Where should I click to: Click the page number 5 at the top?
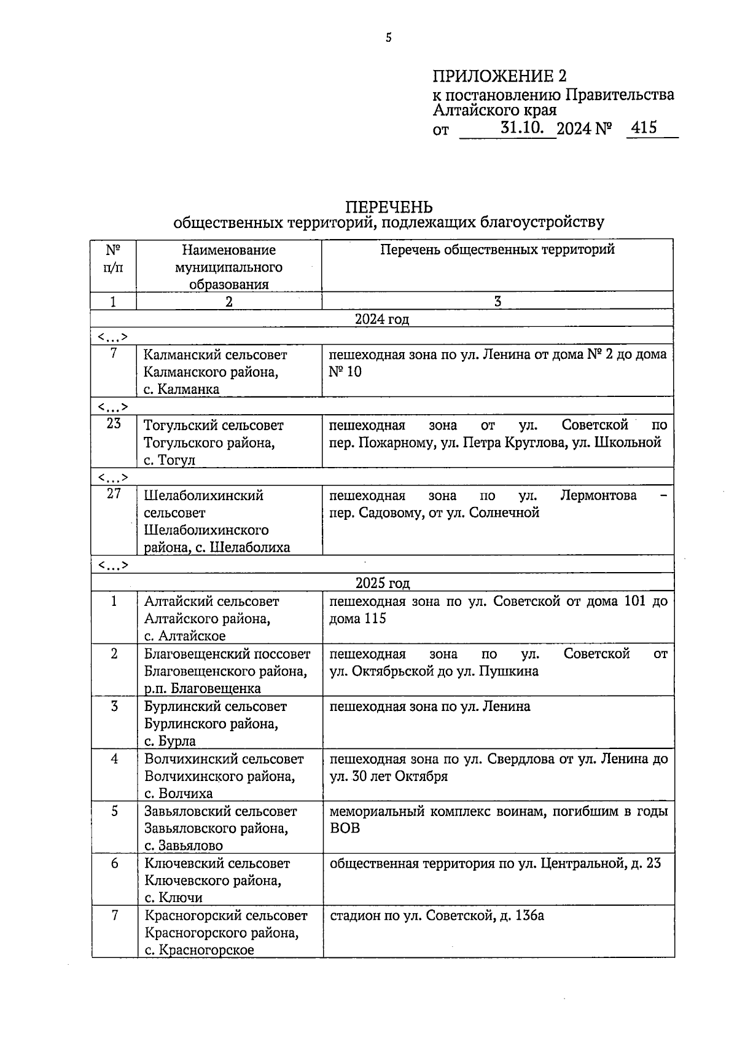click(x=388, y=38)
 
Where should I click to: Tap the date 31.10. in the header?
click(x=522, y=128)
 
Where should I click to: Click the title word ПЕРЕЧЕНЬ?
click(x=388, y=207)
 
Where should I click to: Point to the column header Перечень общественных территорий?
click(x=497, y=249)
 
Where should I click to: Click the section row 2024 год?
click(x=381, y=319)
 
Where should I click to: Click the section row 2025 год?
click(x=382, y=583)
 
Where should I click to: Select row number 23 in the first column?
click(x=114, y=423)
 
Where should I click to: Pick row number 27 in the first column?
click(x=114, y=493)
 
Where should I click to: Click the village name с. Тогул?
click(x=169, y=460)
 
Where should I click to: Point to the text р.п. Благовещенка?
click(x=203, y=688)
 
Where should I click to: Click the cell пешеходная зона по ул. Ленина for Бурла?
click(x=430, y=706)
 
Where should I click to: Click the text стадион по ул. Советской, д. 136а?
click(x=437, y=916)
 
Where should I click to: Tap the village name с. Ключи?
click(x=173, y=898)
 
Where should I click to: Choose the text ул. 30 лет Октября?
click(x=388, y=776)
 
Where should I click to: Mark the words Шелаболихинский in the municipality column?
click(x=203, y=495)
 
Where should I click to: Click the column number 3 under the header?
click(x=497, y=301)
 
